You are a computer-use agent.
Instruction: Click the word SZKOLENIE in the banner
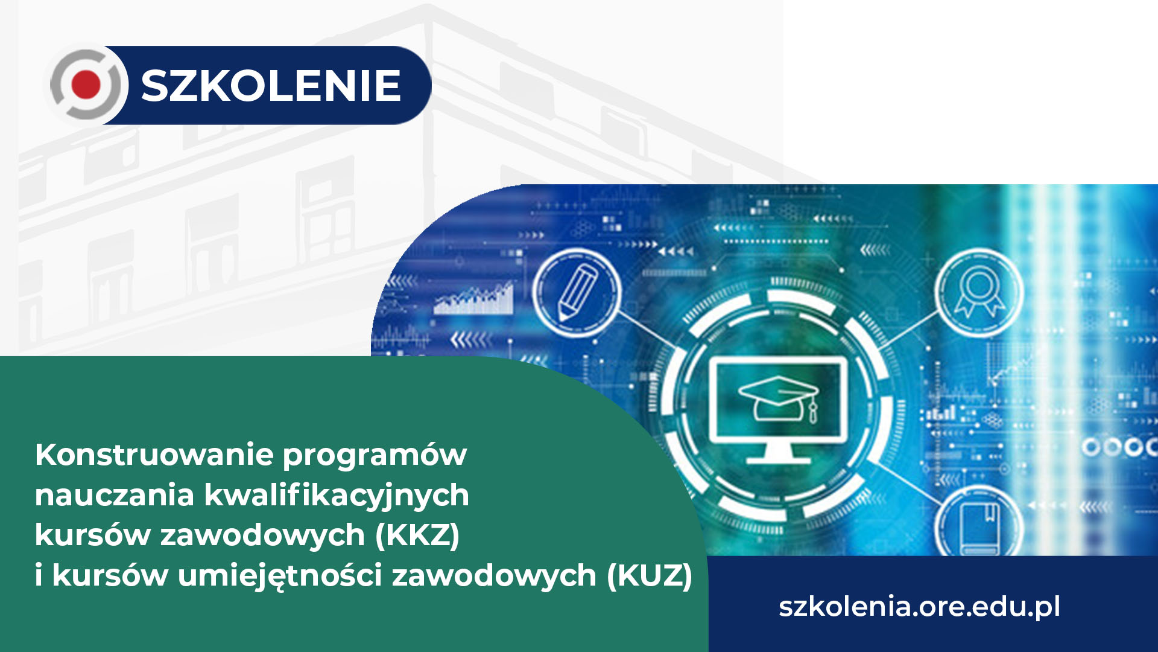[x=271, y=85]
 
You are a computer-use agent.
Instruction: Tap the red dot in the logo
[x=86, y=85]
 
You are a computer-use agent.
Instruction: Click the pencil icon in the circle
[x=577, y=293]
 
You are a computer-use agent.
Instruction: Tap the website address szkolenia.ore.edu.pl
[x=919, y=607]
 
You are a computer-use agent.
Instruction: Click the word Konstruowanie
[x=154, y=455]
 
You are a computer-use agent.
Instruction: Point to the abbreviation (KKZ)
[x=417, y=535]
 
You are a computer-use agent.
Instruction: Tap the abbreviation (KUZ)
[x=650, y=576]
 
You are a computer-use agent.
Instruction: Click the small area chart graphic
[x=474, y=299]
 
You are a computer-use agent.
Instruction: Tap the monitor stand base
[x=779, y=460]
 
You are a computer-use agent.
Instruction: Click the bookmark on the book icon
[x=990, y=513]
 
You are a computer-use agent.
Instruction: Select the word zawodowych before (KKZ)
[x=262, y=535]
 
